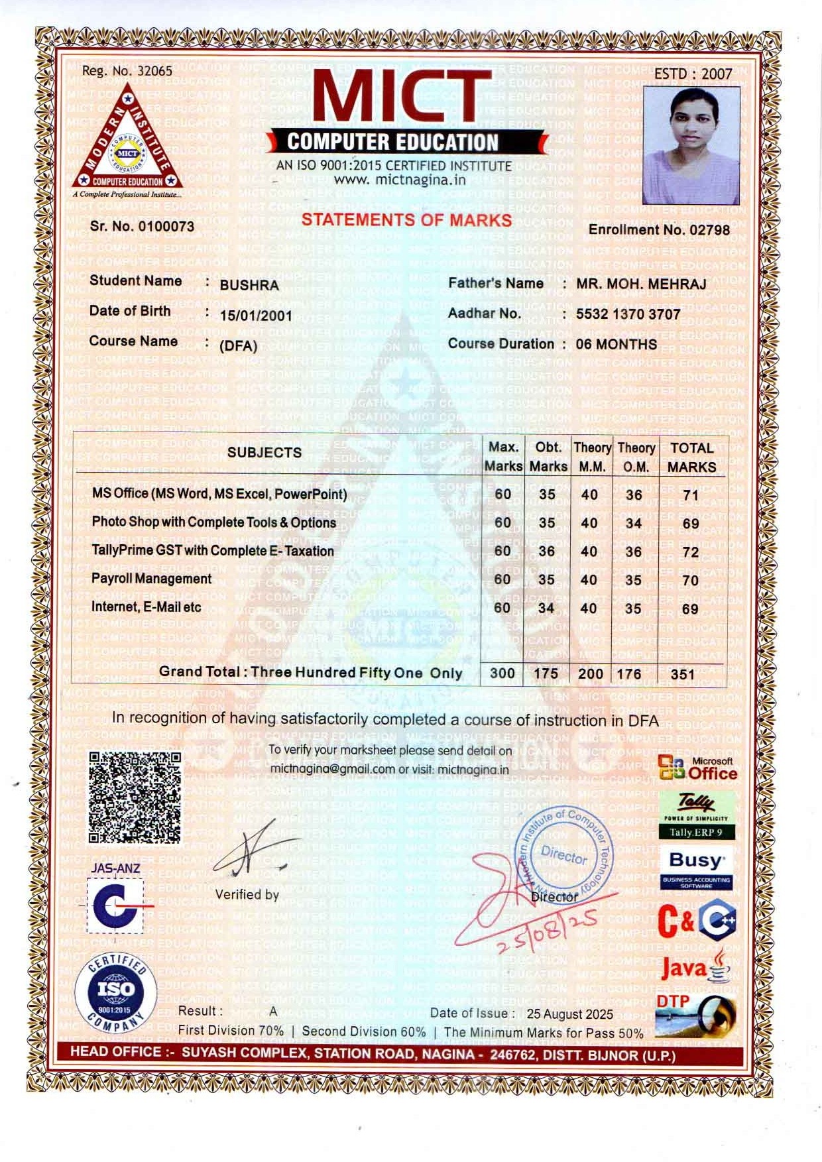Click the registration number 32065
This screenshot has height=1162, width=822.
[x=154, y=71]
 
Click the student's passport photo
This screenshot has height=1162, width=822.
[x=691, y=145]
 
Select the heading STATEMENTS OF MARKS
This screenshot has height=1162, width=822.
[x=406, y=220]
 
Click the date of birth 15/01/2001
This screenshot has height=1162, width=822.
[x=256, y=316]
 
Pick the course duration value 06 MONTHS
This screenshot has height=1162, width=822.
[x=616, y=345]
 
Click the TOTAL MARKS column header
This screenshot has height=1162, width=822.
[x=691, y=457]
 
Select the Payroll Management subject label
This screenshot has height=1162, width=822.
[x=151, y=579]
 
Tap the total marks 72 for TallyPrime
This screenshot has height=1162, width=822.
[x=691, y=552]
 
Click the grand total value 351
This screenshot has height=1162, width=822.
[x=683, y=675]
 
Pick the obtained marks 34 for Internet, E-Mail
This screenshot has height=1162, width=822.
[x=547, y=608]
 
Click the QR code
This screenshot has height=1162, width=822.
[x=135, y=797]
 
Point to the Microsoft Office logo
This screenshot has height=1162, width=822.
[x=697, y=769]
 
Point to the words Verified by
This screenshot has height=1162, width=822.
[x=247, y=895]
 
